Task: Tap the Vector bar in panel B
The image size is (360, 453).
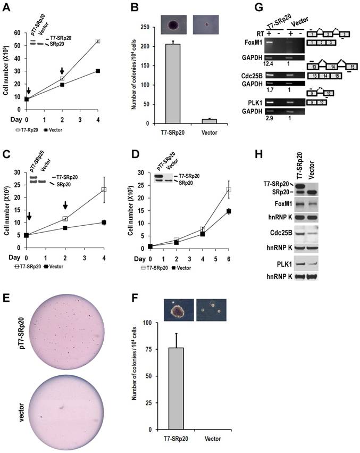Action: point(212,121)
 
